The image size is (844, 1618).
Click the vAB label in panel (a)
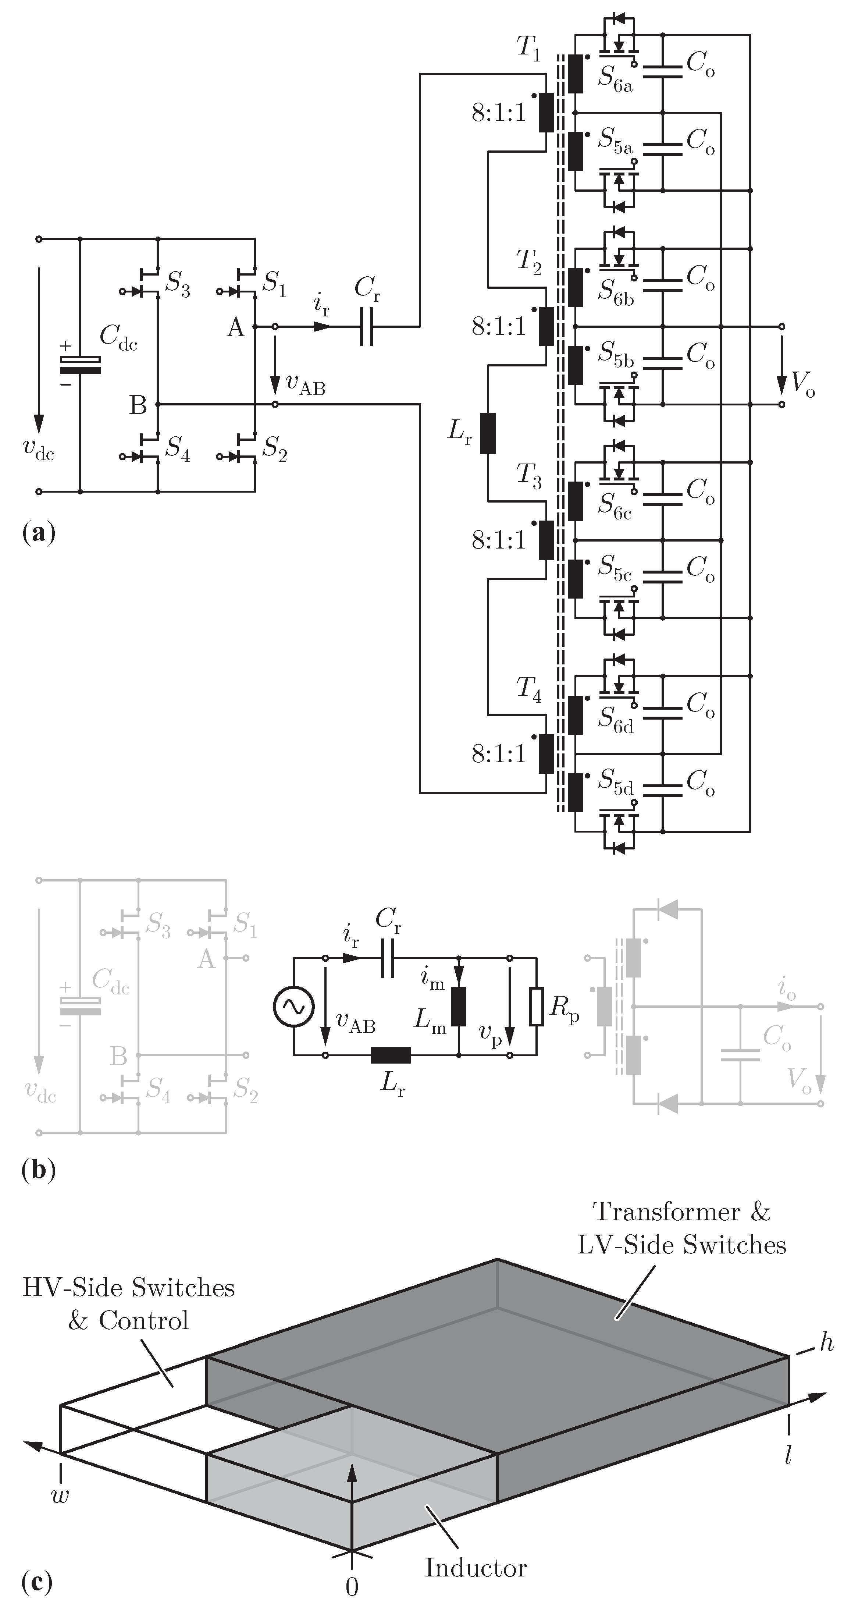(306, 386)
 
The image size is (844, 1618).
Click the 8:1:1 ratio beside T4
(499, 754)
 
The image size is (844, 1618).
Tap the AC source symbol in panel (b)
(293, 1006)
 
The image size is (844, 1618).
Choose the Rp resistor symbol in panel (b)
(536, 1006)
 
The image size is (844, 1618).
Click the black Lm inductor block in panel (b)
(459, 1006)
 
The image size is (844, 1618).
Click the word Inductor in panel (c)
(476, 1568)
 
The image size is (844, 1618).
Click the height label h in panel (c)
(826, 1344)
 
